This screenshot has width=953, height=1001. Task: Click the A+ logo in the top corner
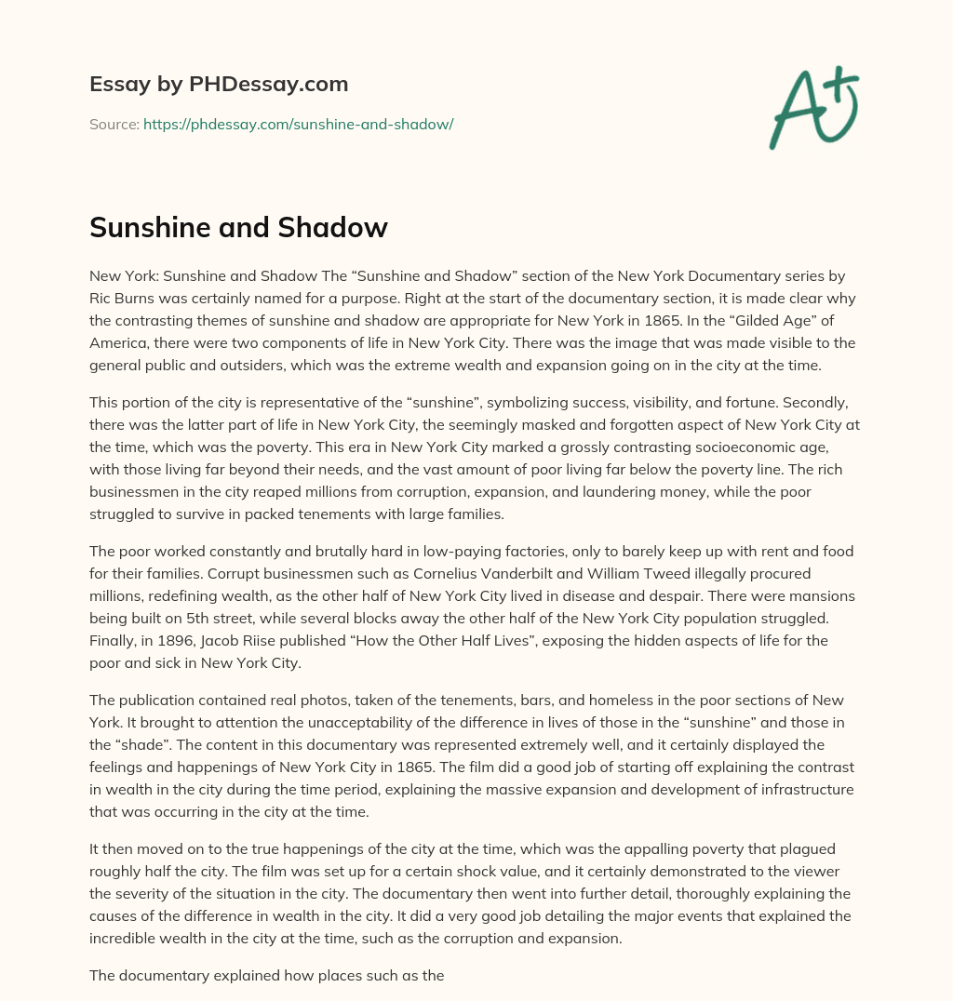(x=812, y=108)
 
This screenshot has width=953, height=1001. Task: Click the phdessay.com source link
(x=298, y=124)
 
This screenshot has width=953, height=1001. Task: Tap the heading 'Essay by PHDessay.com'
(x=219, y=84)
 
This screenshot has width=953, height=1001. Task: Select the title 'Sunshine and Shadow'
(x=238, y=228)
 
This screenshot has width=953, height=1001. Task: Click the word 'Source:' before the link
(x=114, y=124)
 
